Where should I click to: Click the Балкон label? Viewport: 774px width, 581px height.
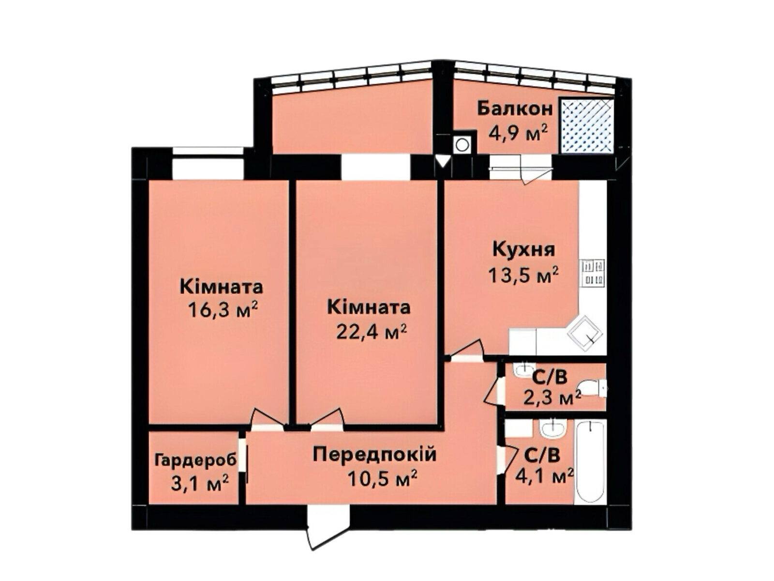point(515,108)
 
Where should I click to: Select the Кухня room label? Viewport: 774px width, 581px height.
point(523,250)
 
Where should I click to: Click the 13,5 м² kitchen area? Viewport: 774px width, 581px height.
point(523,275)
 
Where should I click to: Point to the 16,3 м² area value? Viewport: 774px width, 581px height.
point(222,310)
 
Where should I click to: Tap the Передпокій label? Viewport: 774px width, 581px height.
point(374,455)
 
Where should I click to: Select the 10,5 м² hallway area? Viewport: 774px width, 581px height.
point(382,479)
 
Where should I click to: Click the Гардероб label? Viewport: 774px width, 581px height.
point(196,459)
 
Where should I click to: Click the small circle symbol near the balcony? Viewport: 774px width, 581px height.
point(462,144)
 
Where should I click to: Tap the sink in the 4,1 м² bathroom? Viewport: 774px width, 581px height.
point(552,428)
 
